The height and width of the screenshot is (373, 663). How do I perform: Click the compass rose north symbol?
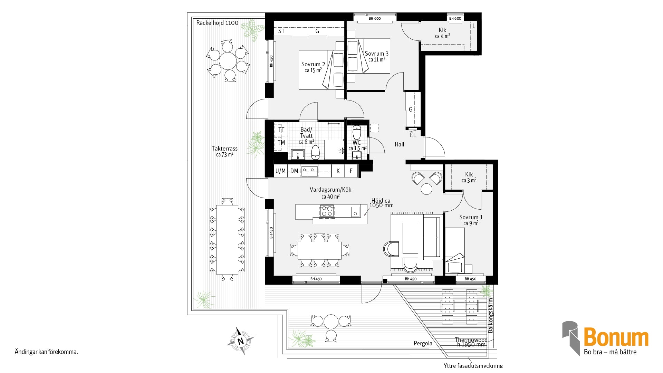(240, 341)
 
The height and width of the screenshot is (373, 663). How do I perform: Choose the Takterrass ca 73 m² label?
(224, 151)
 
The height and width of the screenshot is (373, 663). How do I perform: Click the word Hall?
(399, 144)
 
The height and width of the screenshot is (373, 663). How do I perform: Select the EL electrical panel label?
(413, 135)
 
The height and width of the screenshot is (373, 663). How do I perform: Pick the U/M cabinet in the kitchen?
(280, 171)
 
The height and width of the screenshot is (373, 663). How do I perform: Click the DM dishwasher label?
(294, 171)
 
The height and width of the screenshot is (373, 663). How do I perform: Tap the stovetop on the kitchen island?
(327, 211)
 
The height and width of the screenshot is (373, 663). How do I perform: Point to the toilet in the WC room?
(357, 132)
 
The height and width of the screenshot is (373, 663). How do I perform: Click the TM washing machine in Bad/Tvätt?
(281, 143)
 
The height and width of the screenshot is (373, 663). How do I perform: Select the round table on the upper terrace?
(228, 61)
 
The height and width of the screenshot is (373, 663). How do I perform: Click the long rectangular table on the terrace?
(227, 240)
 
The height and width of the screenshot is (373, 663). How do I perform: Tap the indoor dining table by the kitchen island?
(319, 250)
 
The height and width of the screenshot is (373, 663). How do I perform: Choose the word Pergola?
(423, 343)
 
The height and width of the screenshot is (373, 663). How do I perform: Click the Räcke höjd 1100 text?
(217, 23)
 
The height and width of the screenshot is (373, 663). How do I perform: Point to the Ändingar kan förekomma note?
(46, 352)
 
